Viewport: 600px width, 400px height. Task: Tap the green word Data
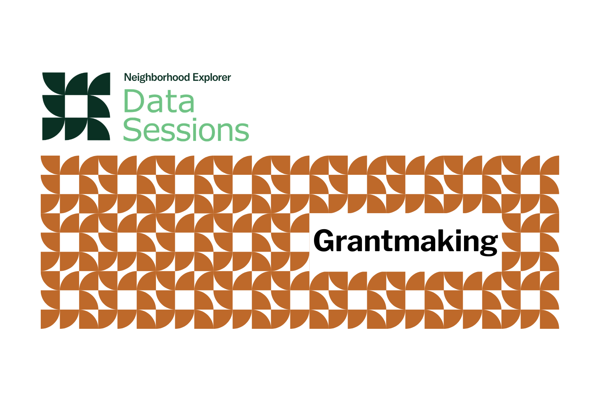click(x=159, y=102)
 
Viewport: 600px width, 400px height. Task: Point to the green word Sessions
click(x=186, y=130)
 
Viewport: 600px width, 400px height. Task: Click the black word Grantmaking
click(x=406, y=242)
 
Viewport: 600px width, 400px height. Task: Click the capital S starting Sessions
click(x=133, y=130)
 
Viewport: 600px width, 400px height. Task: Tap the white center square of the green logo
click(x=76, y=106)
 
